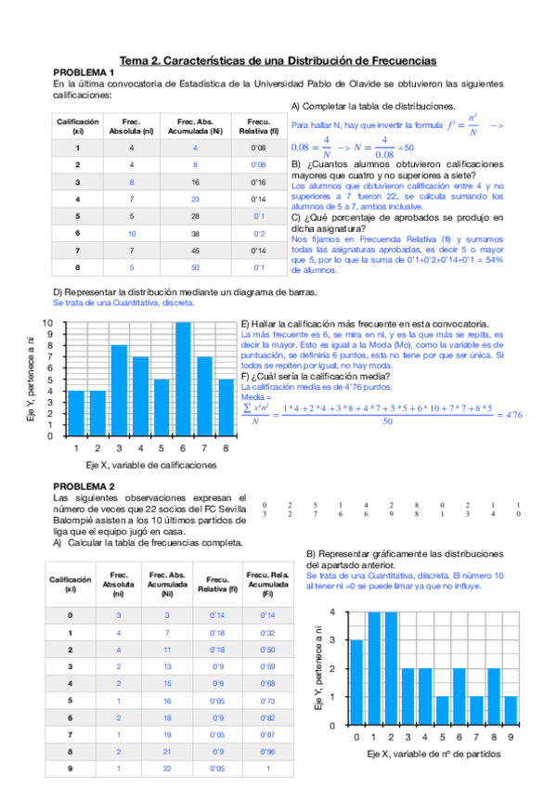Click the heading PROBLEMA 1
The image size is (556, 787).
pos(84,72)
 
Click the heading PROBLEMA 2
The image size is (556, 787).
pos(84,486)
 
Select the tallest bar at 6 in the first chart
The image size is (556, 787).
pos(183,379)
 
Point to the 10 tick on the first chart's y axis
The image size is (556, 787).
pos(47,322)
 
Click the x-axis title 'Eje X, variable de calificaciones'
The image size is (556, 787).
pos(150,464)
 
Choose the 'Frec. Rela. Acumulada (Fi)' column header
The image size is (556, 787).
pos(267,587)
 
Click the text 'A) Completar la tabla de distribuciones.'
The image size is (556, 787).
pos(373,106)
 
